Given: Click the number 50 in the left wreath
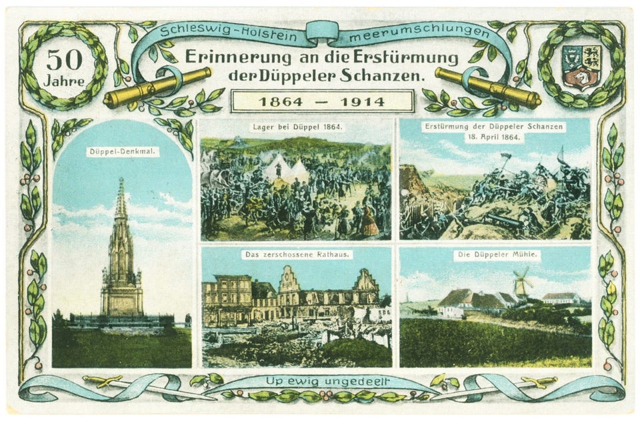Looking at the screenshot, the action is tap(64, 60).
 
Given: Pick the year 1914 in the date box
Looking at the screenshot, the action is tap(361, 102).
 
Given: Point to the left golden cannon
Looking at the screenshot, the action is tap(157, 87).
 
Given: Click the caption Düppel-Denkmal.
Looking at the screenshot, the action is tap(122, 152).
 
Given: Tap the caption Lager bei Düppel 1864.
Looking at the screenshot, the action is tap(297, 127).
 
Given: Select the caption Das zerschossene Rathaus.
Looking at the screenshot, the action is tap(297, 254).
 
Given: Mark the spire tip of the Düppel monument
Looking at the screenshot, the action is tap(121, 182).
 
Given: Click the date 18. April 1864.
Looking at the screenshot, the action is tap(495, 137).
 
